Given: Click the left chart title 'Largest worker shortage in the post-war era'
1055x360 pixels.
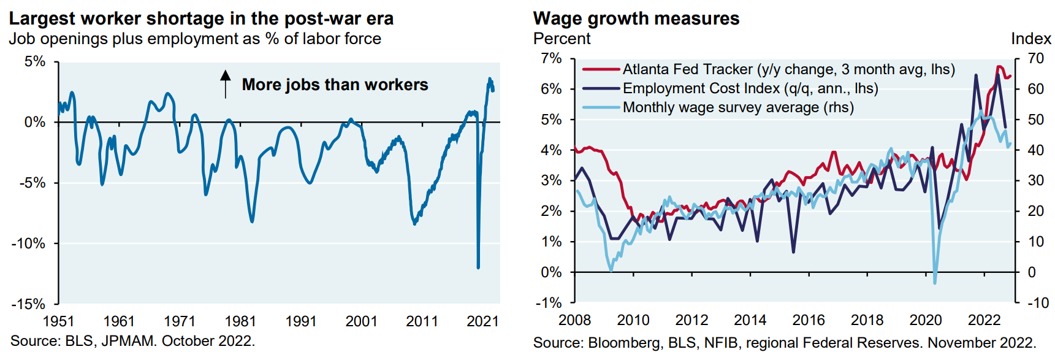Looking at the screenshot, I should [x=201, y=18].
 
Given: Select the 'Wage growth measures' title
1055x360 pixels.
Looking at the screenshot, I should [x=636, y=18].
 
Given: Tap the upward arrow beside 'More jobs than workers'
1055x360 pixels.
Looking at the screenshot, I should [x=226, y=84].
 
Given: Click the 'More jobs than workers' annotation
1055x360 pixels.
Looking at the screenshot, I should [x=335, y=85].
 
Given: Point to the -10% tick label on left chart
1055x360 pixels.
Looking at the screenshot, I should [x=29, y=243].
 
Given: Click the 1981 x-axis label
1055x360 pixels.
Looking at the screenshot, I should [x=240, y=321].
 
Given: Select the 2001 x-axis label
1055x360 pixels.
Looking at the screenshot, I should [x=361, y=321].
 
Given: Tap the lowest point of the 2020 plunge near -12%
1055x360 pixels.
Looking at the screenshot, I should [x=478, y=267].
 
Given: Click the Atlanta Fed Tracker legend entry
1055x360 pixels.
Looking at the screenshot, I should [x=788, y=69].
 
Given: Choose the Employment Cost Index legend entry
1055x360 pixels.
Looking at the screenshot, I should [x=750, y=88].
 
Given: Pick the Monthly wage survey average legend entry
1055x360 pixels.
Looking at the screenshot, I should [x=738, y=107].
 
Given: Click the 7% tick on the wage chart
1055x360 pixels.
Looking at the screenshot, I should [x=551, y=59].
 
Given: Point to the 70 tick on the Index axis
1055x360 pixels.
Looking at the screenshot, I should [x=1035, y=59].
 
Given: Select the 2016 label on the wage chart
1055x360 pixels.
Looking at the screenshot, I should [x=808, y=320].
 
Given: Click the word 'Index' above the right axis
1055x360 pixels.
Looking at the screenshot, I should [x=1030, y=39].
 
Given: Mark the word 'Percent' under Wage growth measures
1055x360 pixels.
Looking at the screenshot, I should [x=562, y=39].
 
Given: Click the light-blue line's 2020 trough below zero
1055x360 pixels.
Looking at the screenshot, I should [x=935, y=282].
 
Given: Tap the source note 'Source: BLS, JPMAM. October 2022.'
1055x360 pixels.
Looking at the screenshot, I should [x=132, y=341].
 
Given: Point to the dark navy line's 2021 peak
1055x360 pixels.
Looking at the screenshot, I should [x=975, y=75].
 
